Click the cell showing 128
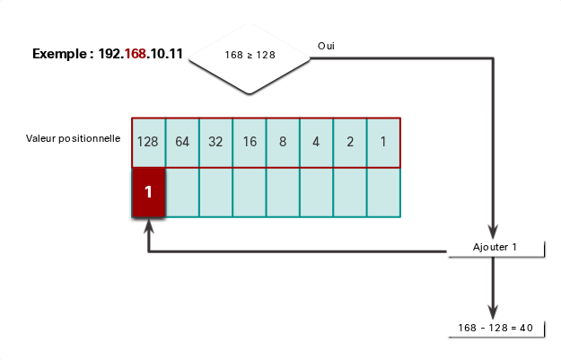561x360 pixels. (148, 143)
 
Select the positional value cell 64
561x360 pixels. (182, 143)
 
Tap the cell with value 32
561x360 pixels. (215, 143)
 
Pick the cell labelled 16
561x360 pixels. (250, 143)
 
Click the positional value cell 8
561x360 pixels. (283, 143)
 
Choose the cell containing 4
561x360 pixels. (316, 143)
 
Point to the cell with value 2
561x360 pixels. (350, 143)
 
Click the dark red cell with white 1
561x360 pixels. (148, 192)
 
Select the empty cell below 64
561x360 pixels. (182, 192)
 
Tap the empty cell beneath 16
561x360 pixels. (250, 192)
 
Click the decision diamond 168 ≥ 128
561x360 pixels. (250, 58)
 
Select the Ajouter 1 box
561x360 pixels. (495, 248)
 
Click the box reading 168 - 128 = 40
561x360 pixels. (495, 329)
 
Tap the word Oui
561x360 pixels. (326, 46)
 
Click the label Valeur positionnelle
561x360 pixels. (73, 138)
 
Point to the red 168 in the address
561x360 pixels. (136, 54)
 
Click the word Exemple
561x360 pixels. (59, 54)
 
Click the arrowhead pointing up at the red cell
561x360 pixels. (149, 226)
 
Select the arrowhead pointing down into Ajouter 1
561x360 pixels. (493, 231)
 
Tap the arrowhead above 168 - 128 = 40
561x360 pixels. (493, 312)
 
